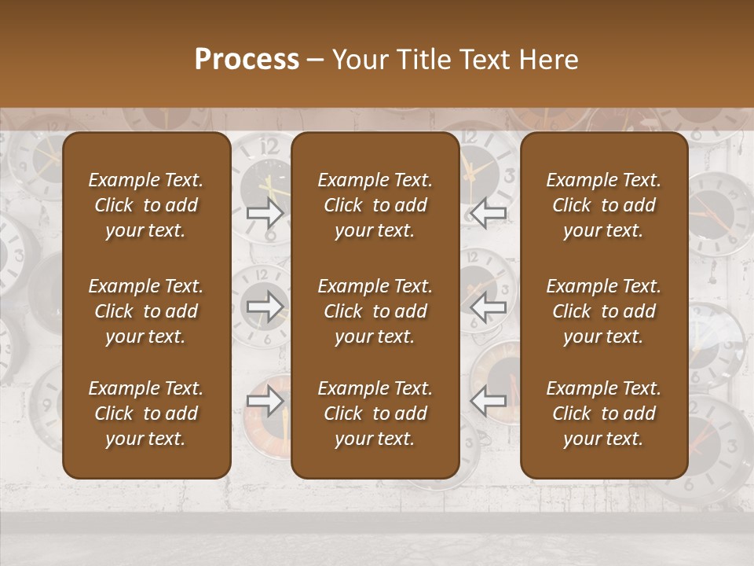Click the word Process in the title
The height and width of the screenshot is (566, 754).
point(247,60)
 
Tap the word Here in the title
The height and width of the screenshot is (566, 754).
point(548,60)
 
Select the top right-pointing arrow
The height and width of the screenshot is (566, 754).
point(265,212)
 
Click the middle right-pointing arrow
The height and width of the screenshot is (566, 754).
point(265,306)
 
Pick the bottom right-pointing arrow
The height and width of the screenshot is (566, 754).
point(265,401)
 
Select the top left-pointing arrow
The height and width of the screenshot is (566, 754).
point(488,212)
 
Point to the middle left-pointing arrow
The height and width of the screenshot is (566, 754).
point(488,306)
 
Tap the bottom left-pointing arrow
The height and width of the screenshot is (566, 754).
point(488,401)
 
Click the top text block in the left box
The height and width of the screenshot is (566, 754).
point(146,205)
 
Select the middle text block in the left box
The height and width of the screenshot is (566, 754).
point(146,311)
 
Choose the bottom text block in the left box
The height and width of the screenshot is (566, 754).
point(146,413)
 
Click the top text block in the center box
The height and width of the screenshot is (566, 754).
point(375,205)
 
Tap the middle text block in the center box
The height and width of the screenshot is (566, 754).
point(375,311)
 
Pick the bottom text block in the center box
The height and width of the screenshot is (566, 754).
point(375,413)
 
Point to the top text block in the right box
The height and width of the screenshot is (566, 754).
point(603,205)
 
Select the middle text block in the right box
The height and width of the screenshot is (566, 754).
point(603,311)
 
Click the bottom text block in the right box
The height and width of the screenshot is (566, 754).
point(603,413)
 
